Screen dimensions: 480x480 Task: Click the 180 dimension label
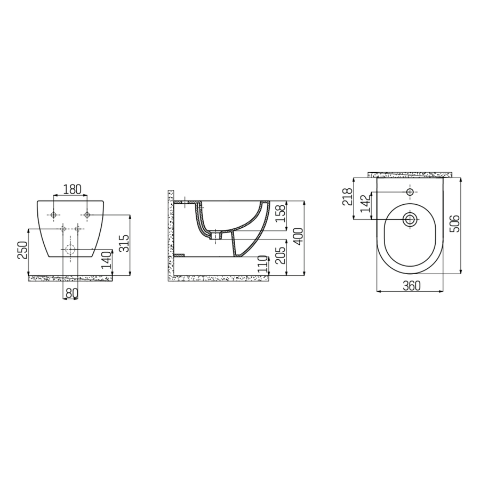[x=72, y=189]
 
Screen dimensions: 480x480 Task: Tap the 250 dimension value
[x=22, y=250]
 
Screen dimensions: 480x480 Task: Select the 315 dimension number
[x=124, y=243]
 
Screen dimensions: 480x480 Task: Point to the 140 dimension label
[x=106, y=260]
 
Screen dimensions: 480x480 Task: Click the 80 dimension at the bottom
[x=71, y=293]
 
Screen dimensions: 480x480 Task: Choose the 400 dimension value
[x=298, y=236]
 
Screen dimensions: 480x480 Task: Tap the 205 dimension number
[x=281, y=255]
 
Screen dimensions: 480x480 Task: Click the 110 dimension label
[x=262, y=265]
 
